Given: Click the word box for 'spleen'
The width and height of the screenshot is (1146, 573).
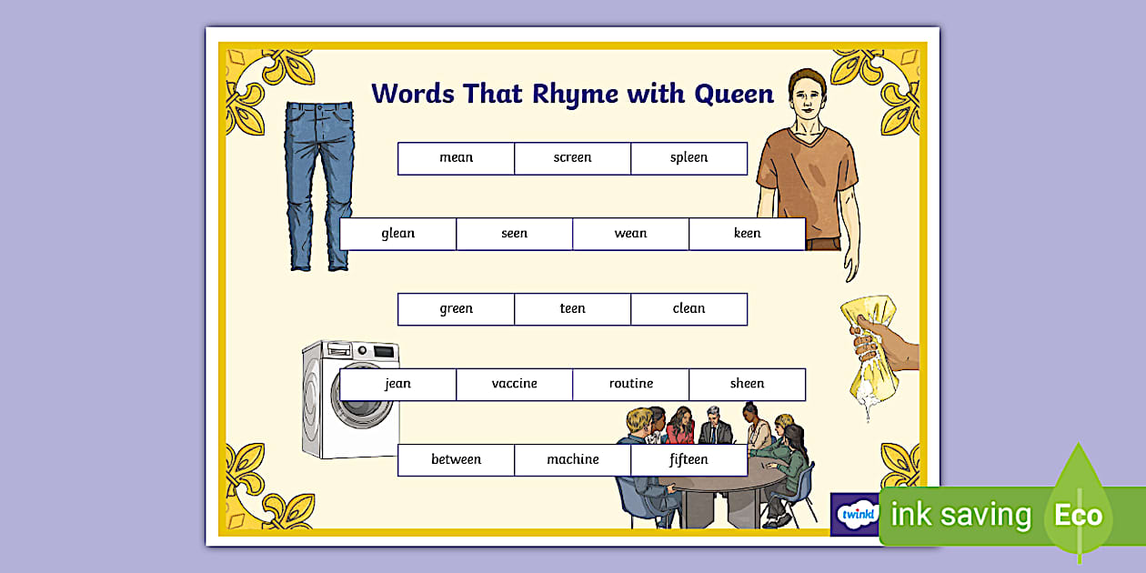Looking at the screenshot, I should click(689, 158).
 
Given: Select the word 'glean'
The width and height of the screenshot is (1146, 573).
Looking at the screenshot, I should click(397, 234).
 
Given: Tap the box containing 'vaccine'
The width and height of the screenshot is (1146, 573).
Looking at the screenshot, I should click(514, 384).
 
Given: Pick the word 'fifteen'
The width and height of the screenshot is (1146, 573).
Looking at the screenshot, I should click(689, 460).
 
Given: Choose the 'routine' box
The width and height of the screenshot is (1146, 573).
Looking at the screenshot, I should click(630, 384).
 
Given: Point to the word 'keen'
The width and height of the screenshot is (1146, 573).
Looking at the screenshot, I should click(747, 234).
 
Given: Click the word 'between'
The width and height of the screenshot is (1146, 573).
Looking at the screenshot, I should click(456, 460).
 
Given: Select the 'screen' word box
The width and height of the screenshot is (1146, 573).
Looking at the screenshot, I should click(572, 158).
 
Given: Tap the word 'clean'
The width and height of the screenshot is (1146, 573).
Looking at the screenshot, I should click(689, 309).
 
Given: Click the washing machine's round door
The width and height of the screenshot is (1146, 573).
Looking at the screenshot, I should click(358, 404).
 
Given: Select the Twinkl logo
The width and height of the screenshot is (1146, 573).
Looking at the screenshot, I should click(856, 515).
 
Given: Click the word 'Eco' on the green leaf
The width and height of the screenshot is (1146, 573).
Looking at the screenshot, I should click(1079, 516).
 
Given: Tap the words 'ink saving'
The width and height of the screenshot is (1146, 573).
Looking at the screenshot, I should click(961, 516).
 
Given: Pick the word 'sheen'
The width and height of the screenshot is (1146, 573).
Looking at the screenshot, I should click(747, 384).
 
